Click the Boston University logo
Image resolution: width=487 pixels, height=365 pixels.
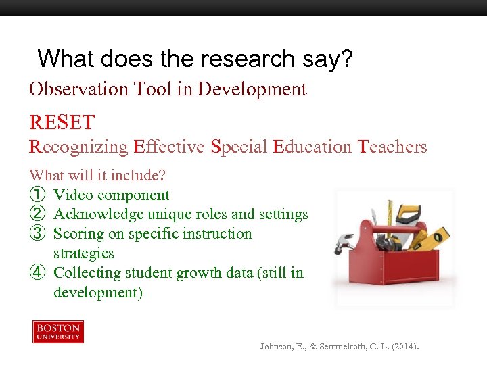coord(58,332)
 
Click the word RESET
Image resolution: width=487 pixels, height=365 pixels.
coord(62,123)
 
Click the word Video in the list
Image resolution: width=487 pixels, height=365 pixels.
coord(72,195)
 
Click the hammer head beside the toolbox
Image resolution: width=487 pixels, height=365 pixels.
coord(345,242)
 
